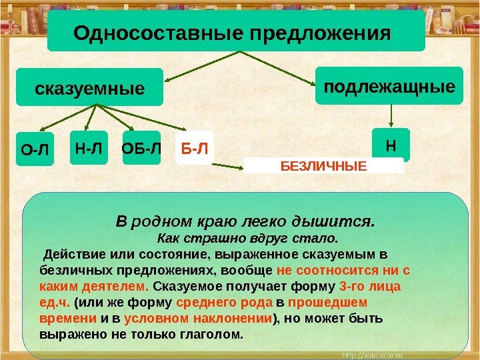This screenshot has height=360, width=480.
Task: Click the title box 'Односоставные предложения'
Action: pyautogui.click(x=236, y=31)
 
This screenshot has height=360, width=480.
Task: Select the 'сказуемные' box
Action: pyautogui.click(x=89, y=87)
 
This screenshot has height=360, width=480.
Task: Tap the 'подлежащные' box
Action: pyautogui.click(x=389, y=86)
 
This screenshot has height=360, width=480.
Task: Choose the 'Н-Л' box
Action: pyautogui.click(x=89, y=150)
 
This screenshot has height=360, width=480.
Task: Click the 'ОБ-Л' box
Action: pyautogui.click(x=141, y=150)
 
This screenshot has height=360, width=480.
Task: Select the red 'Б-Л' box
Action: pyautogui.click(x=193, y=150)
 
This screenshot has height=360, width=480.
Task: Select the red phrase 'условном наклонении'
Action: pyautogui.click(x=199, y=317)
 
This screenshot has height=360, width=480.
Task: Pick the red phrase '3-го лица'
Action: pyautogui.click(x=370, y=286)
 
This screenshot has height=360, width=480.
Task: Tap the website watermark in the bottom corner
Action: pyautogui.click(x=436, y=351)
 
